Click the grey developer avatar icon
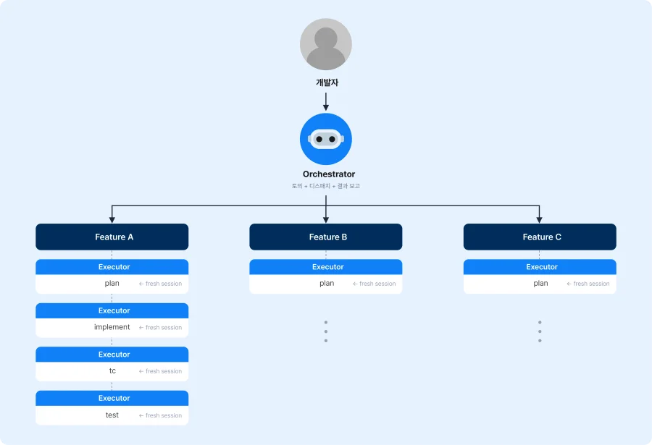pos(325,44)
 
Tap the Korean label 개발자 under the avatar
pos(327,82)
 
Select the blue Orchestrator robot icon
pos(325,139)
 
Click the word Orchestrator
pos(328,174)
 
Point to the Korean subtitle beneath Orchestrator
pos(325,186)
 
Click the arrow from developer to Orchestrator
pos(325,101)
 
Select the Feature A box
pos(112,237)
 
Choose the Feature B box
pos(325,237)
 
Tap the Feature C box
pos(540,237)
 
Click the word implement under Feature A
pos(112,327)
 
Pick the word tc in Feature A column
pos(112,370)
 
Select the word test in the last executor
pos(112,415)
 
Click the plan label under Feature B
pos(327,284)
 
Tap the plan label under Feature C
pos(540,284)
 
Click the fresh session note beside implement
pos(160,327)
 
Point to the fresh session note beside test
pos(160,415)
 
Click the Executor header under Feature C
pos(540,267)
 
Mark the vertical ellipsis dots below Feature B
pos(325,331)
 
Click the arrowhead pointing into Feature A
pos(112,220)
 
